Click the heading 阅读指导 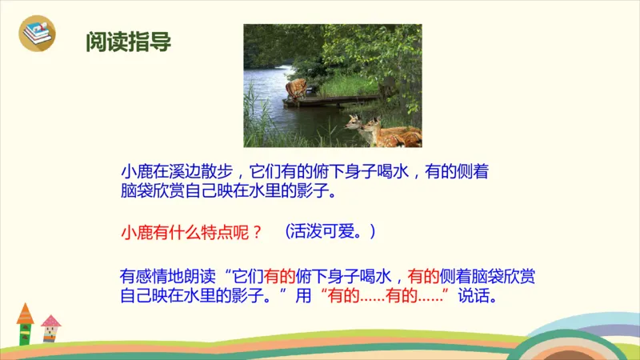pyautogui.click(x=128, y=41)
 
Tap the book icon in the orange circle pyautogui.click(x=38, y=34)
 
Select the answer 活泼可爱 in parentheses pyautogui.click(x=327, y=232)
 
